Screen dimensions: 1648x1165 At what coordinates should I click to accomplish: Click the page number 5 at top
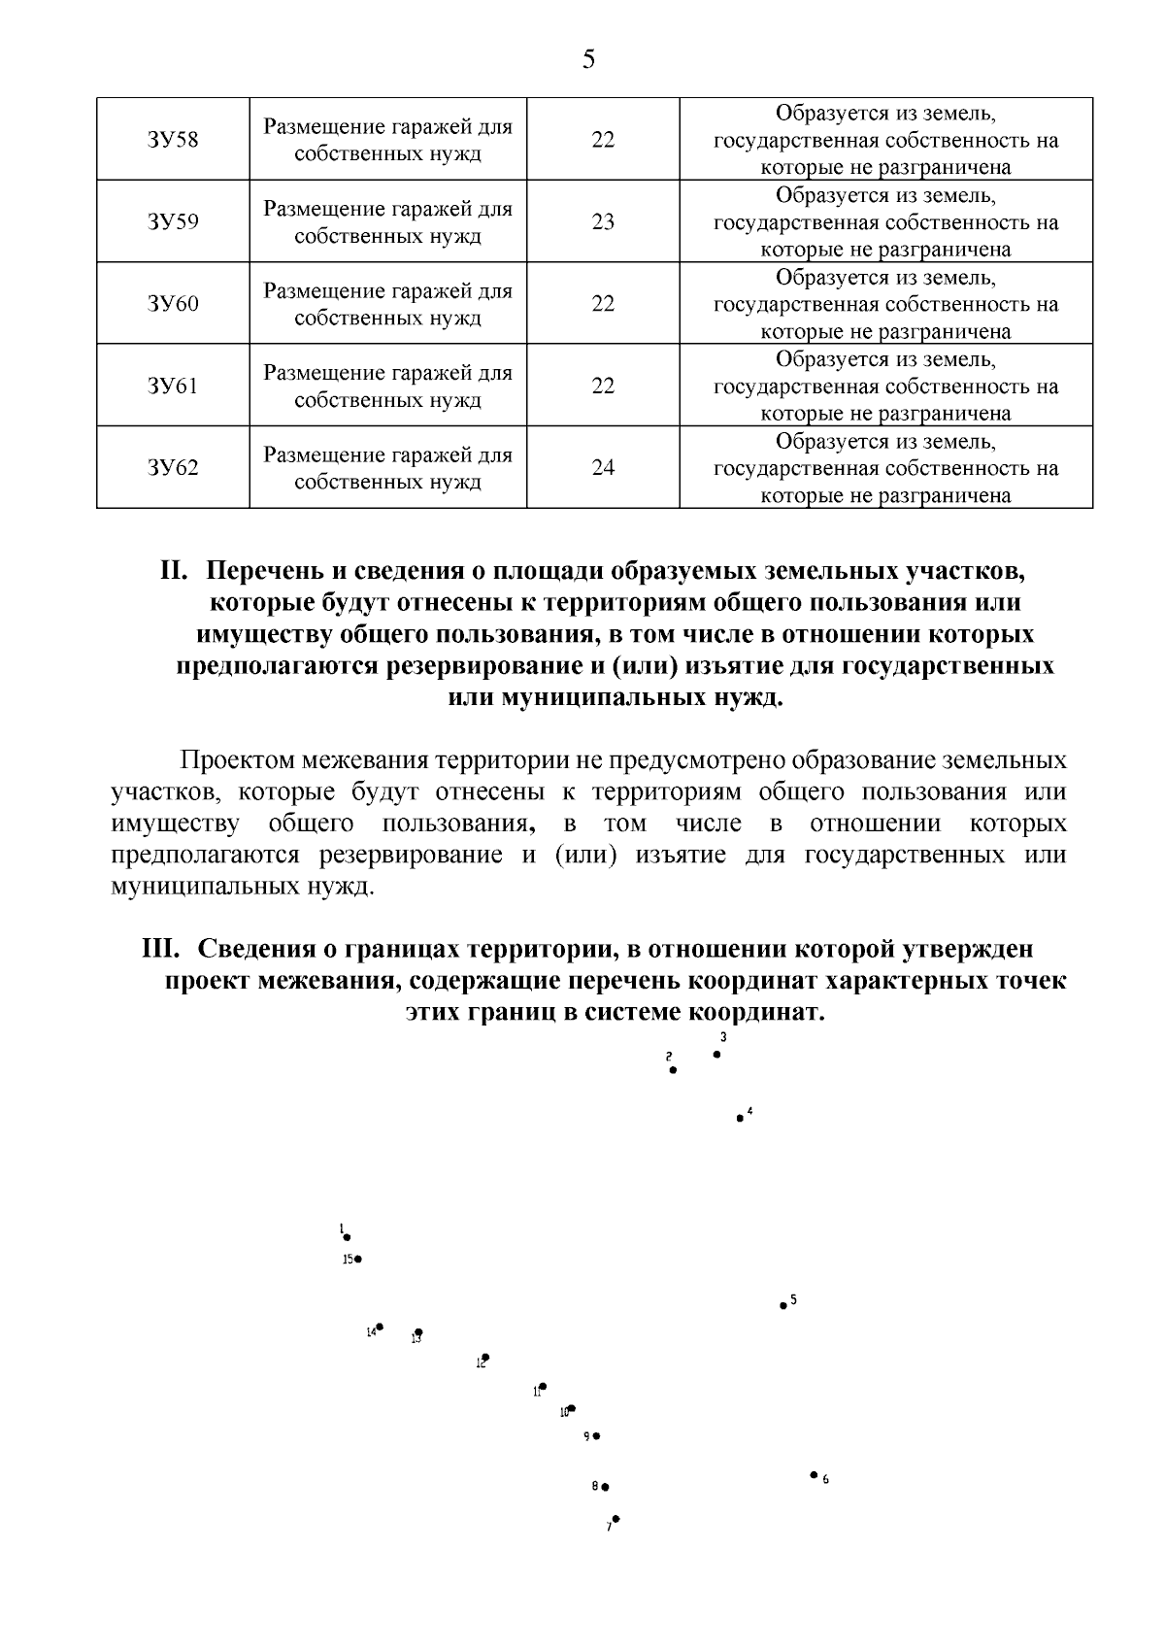[588, 60]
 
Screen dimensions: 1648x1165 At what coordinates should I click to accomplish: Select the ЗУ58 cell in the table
[173, 140]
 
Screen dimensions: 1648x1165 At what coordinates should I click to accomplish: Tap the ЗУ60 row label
[173, 304]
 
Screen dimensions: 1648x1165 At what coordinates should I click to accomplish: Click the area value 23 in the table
[603, 222]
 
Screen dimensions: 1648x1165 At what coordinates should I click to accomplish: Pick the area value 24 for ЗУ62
[603, 468]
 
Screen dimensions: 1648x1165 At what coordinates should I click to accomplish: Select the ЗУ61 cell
[173, 387]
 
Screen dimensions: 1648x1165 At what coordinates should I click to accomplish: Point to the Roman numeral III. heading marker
[165, 949]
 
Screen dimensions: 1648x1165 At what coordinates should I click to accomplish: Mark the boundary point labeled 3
[716, 1054]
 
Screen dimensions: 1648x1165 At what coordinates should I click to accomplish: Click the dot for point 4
[740, 1119]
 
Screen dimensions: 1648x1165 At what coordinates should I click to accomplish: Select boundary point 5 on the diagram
[783, 1306]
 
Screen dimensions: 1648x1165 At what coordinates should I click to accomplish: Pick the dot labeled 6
[814, 1474]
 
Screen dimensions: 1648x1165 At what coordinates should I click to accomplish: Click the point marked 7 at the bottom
[616, 1519]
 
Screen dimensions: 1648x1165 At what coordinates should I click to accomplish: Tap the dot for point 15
[358, 1260]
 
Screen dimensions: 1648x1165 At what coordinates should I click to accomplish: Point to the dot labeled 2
[673, 1070]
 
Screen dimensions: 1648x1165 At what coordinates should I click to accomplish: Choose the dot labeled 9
[596, 1435]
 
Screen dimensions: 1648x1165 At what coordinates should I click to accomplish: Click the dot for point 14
[380, 1327]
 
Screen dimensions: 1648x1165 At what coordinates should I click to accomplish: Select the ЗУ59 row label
[173, 222]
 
